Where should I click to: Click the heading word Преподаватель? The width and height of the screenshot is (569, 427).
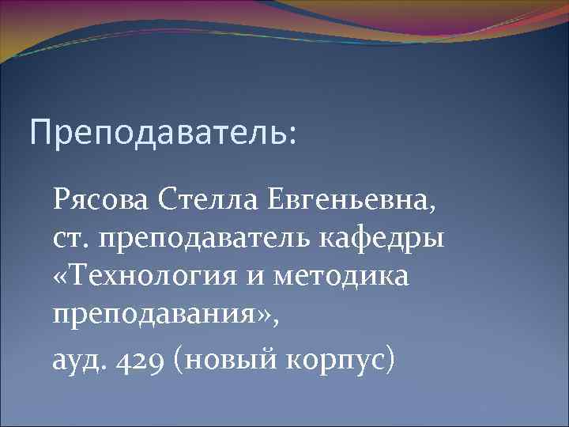[158, 132]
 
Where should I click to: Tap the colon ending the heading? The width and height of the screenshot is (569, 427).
[294, 135]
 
